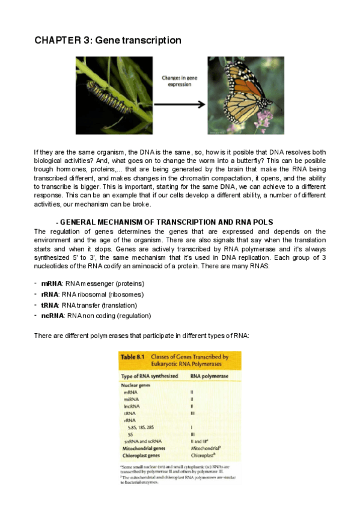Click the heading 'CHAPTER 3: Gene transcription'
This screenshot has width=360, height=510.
[108, 40]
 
